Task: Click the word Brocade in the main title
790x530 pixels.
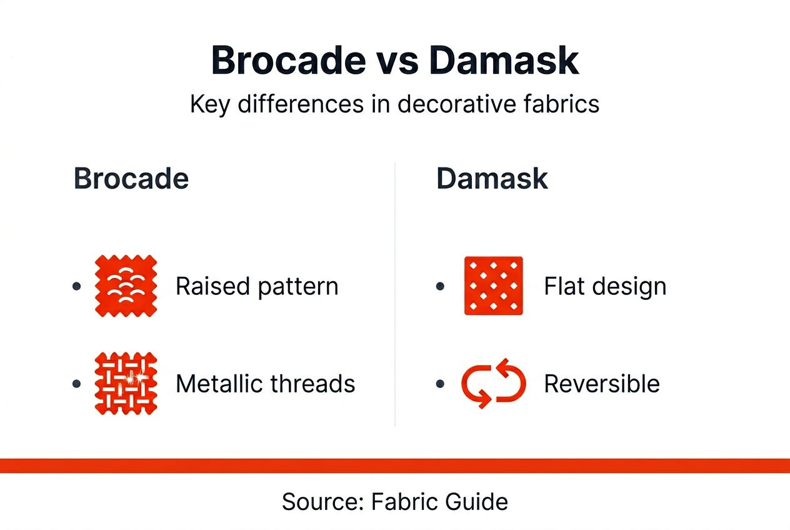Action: pyautogui.click(x=288, y=61)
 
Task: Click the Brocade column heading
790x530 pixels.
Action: pyautogui.click(x=131, y=179)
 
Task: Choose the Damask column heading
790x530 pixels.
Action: pyautogui.click(x=492, y=179)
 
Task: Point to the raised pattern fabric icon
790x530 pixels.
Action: pyautogui.click(x=126, y=286)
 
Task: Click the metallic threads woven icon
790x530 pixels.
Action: pyautogui.click(x=126, y=383)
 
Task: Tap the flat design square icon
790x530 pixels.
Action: pyautogui.click(x=494, y=286)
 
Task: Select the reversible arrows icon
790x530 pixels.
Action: pyautogui.click(x=494, y=383)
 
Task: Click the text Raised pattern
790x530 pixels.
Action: pyautogui.click(x=257, y=286)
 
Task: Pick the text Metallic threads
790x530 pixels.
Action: pyautogui.click(x=265, y=383)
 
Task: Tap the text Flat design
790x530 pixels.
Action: pyautogui.click(x=605, y=286)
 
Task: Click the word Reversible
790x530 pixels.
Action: pyautogui.click(x=602, y=383)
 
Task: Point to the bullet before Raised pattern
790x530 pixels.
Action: pyautogui.click(x=76, y=286)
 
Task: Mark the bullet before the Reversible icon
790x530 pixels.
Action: pyautogui.click(x=440, y=383)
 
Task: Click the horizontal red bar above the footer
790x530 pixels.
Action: pyautogui.click(x=395, y=466)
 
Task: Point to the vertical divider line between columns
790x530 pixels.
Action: pyautogui.click(x=395, y=294)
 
